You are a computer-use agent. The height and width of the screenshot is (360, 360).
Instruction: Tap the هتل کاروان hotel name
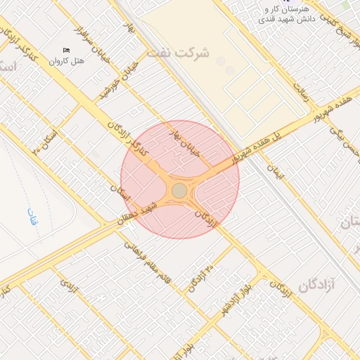pyautogui.click(x=67, y=61)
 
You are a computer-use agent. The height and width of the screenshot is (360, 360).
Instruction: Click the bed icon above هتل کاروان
pyautogui.click(x=67, y=50)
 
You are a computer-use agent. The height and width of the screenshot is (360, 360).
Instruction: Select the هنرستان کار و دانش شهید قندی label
pyautogui.click(x=286, y=15)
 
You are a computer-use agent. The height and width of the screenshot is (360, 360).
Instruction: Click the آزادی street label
pyautogui.click(x=67, y=285)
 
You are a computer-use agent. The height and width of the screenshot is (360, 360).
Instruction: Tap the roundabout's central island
pyautogui.click(x=179, y=191)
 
